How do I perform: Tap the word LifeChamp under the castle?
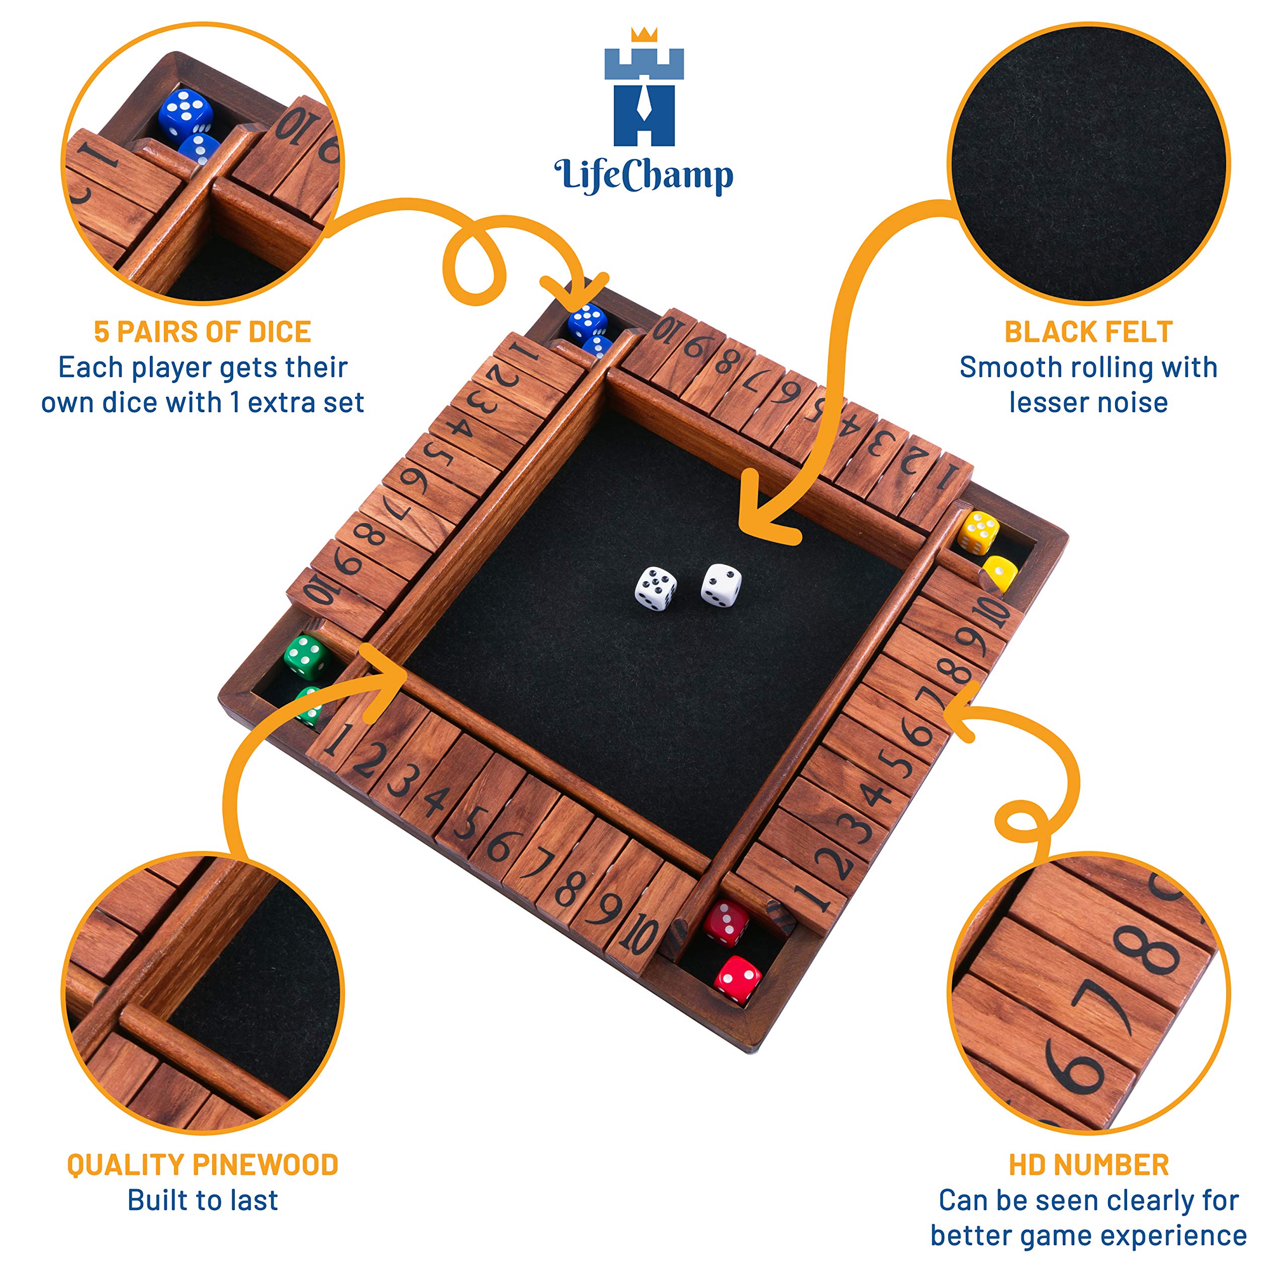pos(643,176)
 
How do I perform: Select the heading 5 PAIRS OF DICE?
pos(203,332)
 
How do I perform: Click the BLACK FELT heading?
pos(1088,332)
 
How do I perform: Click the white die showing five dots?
pos(656,588)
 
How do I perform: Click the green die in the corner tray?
pos(307,657)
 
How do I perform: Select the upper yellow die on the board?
pos(978,531)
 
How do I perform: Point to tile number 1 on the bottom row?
pos(338,738)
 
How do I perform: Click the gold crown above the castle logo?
pos(643,35)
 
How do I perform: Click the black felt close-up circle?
pos(1088,163)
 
